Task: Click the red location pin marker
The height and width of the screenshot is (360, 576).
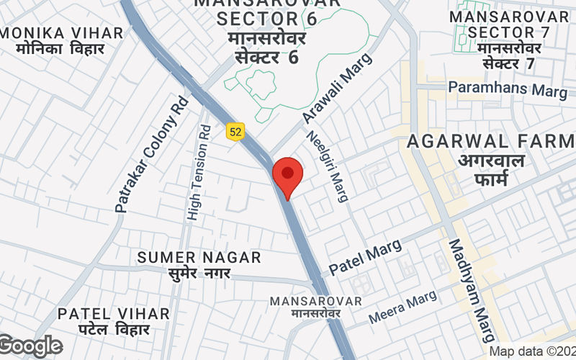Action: point(288,176)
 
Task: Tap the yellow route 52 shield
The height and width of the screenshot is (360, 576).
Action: point(235,131)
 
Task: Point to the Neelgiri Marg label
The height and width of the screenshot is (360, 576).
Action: point(328,166)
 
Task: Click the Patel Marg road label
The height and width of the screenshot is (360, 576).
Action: point(366,261)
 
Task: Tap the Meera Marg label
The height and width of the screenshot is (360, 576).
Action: point(402,307)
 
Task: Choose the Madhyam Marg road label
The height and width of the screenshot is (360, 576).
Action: point(472,291)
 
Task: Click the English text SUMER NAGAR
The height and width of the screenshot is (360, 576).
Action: point(199,257)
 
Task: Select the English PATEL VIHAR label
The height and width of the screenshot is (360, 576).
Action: point(114,314)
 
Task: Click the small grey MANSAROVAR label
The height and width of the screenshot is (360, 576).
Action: point(317,300)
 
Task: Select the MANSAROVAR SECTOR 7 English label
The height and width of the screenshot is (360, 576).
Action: point(510,24)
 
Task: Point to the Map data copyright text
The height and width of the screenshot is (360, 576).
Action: point(532,351)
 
